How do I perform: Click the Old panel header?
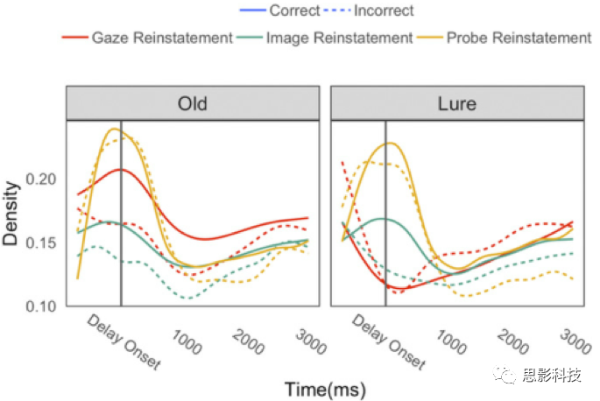tap(192, 103)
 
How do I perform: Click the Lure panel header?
tap(456, 103)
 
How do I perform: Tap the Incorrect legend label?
tap(379, 11)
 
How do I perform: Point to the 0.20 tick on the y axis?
tap(43, 179)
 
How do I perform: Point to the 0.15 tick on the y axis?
tap(43, 243)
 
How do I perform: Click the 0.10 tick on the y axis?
tap(43, 306)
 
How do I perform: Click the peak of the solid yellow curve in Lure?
tap(392, 143)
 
